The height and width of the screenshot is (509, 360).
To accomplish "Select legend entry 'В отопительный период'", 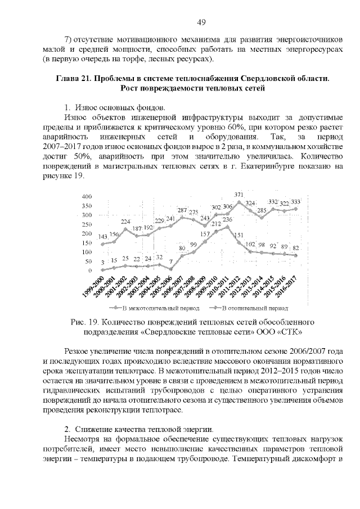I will (251, 308).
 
